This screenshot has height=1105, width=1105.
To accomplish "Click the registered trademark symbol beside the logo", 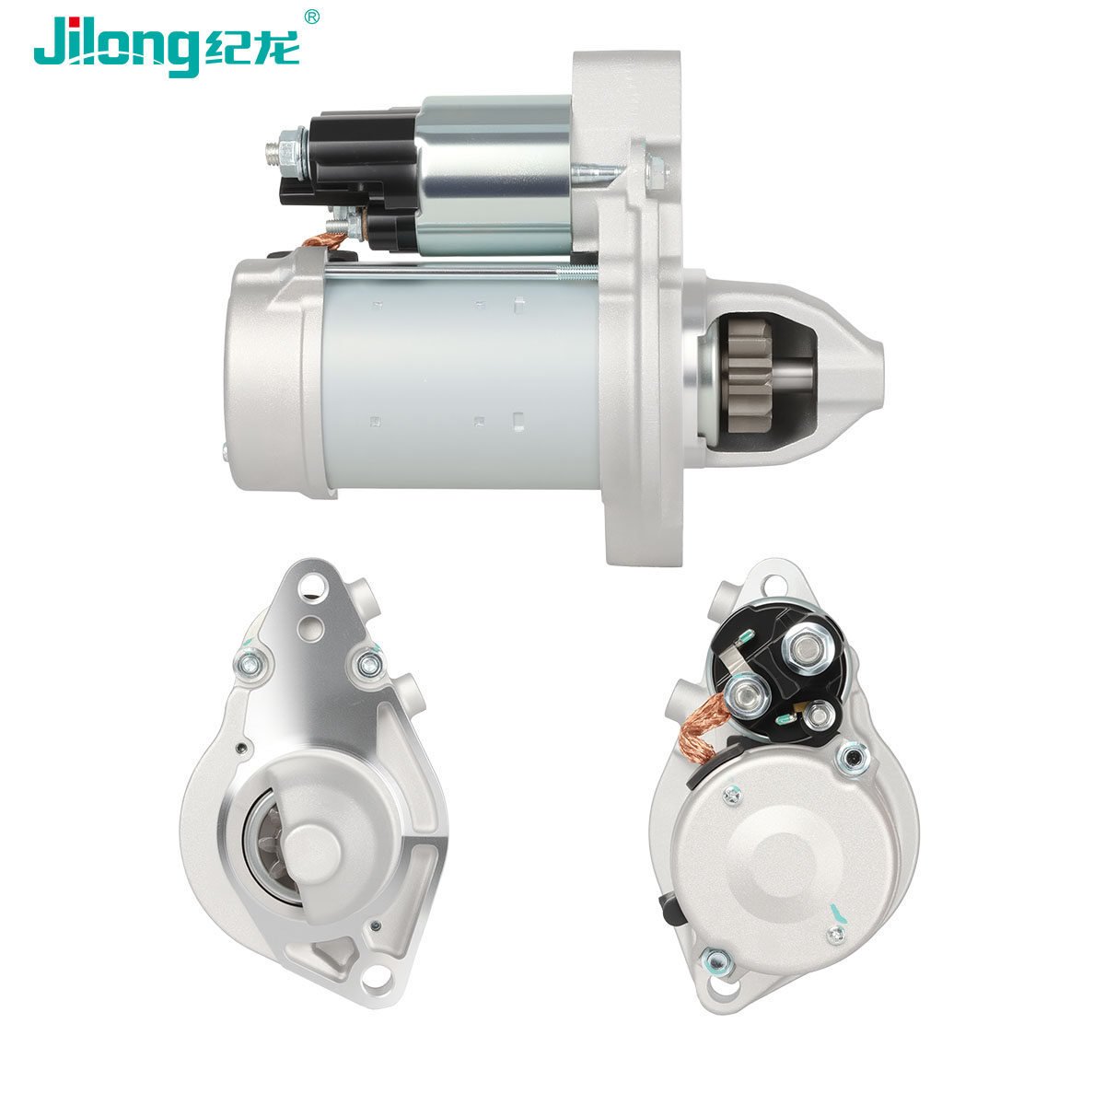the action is click(311, 17).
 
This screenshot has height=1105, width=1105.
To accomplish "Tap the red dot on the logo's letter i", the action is click(73, 20).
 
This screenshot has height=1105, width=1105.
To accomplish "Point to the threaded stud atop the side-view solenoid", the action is click(278, 151).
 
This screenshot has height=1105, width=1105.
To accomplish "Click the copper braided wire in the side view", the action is click(324, 239).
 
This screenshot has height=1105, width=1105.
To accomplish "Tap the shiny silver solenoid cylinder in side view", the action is click(494, 175).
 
